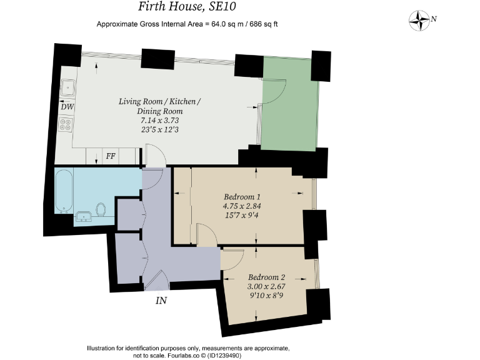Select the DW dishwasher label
pos(67,107)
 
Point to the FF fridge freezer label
pos(111,156)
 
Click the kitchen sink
pos(67,88)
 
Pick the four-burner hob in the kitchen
pos(67,124)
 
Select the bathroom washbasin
pos(83,217)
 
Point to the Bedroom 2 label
pos(266,277)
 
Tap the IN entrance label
pos(161,301)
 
